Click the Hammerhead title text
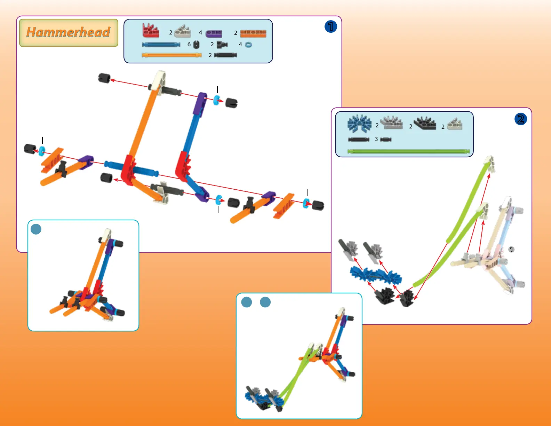69,32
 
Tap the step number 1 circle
330,26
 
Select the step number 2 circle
520,119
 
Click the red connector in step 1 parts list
151,31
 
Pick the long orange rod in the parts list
171,55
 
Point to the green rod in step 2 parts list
409,151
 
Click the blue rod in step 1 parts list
161,45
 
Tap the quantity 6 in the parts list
189,45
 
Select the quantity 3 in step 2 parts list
376,139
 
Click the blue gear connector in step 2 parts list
359,124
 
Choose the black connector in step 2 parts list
425,123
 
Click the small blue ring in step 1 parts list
248,45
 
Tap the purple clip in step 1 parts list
214,33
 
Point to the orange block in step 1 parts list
253,33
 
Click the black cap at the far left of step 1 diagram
30,149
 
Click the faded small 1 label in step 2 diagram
511,250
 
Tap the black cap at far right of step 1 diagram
318,205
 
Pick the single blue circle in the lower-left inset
36,229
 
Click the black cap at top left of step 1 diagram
104,78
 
